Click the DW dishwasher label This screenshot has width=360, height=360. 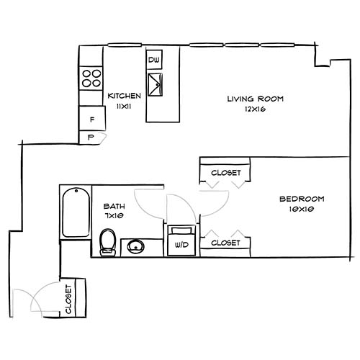coord(154,60)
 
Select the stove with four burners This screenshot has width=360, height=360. coord(91,77)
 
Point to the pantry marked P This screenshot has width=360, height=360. coord(91,136)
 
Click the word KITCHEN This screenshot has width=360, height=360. coord(124,96)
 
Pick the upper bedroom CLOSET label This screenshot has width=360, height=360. coord(225,173)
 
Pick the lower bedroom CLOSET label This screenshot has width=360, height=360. coord(225,243)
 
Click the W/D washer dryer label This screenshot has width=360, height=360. coord(179,244)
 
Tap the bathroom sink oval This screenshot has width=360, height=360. coord(135,248)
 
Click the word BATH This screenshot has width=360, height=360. coord(114,204)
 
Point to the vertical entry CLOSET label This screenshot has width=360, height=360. coord(69,299)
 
